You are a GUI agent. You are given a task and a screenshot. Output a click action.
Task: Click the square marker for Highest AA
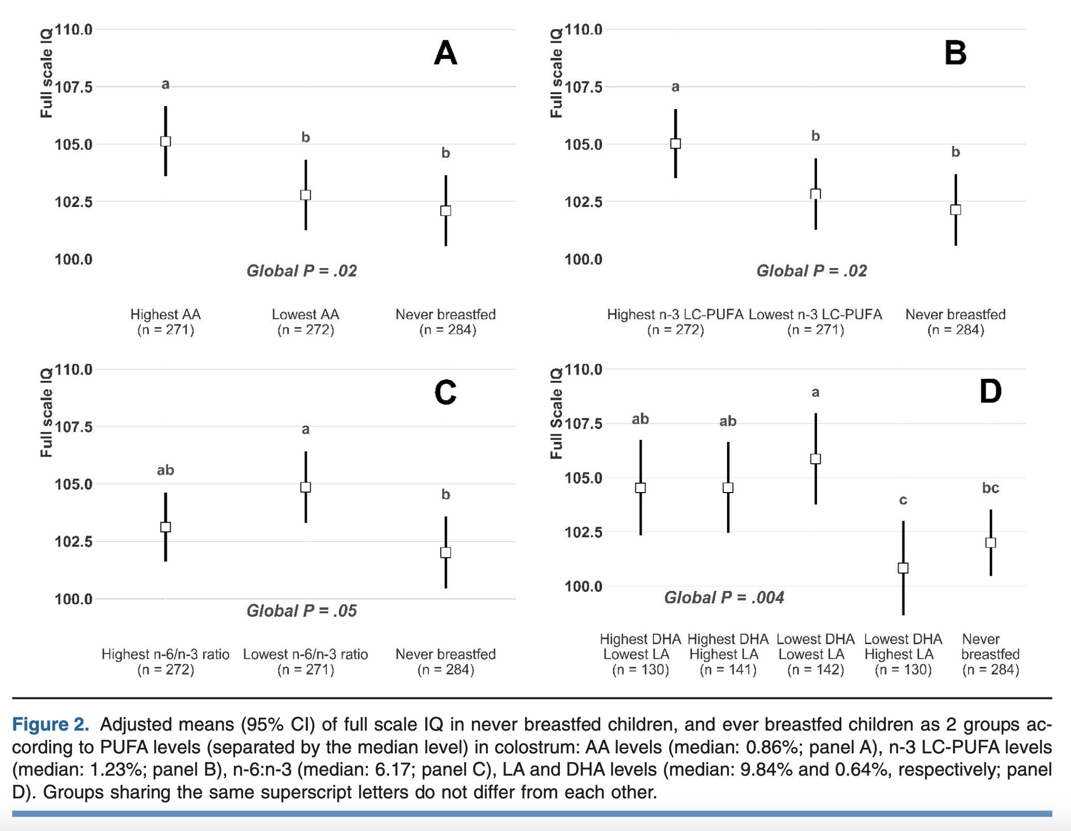(166, 141)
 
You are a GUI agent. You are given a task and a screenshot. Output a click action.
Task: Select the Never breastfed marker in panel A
(445, 211)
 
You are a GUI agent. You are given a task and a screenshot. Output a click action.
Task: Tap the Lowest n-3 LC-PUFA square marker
(815, 194)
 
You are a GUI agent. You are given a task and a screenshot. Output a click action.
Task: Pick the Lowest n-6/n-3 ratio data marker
(306, 487)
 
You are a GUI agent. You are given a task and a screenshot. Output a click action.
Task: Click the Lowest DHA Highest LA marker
(903, 568)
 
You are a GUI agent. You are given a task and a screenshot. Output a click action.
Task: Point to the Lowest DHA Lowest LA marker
(815, 458)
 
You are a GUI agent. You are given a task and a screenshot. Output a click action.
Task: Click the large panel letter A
(445, 53)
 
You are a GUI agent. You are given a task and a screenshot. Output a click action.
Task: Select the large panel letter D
(990, 392)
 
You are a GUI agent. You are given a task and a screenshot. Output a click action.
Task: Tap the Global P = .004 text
(724, 598)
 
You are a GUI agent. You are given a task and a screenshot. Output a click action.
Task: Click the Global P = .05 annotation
(302, 611)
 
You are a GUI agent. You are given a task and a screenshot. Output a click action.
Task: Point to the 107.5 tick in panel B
(583, 87)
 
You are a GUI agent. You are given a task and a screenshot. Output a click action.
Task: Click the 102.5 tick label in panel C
(73, 542)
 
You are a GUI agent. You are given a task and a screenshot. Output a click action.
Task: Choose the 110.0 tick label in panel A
(73, 29)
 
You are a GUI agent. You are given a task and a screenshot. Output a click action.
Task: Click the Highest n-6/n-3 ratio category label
(166, 655)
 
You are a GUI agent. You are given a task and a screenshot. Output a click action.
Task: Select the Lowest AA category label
(306, 315)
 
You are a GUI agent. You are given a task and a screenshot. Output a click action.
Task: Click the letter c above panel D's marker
(903, 500)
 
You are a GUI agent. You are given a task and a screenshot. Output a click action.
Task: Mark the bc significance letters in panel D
(990, 487)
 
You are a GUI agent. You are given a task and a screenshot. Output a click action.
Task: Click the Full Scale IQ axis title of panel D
(556, 413)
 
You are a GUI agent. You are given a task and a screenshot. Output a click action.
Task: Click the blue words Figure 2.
(50, 724)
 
